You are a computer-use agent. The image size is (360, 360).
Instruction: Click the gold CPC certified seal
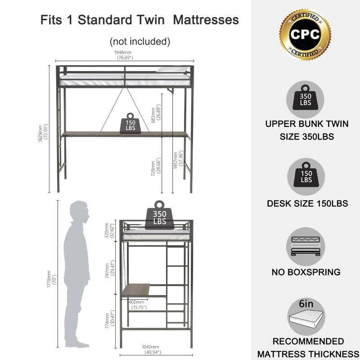[x=305, y=35]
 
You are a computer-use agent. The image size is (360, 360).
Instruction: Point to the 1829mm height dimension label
[x=43, y=133]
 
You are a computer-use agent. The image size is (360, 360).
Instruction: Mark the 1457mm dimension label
[x=178, y=160]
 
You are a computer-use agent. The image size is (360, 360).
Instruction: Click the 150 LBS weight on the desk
[x=130, y=123]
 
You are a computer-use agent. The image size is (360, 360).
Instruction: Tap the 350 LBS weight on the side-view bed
[x=160, y=215]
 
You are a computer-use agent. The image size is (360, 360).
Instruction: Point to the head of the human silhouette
[x=80, y=211]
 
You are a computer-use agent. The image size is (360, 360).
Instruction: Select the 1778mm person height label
[x=52, y=279]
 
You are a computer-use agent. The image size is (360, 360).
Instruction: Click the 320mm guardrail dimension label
[x=109, y=230]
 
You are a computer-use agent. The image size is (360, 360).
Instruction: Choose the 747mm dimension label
[x=110, y=269]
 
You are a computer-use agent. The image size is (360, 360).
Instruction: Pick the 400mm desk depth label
[x=138, y=305]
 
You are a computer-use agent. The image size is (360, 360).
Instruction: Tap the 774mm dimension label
[x=110, y=319]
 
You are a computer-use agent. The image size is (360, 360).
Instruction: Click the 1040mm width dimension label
[x=151, y=350]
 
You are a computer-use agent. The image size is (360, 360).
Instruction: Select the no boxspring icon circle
[x=306, y=247]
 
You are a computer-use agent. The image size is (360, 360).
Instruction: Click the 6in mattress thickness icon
[x=306, y=317]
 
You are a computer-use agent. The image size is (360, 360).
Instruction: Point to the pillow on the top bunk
[x=173, y=69]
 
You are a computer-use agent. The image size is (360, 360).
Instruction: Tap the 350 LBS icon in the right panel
[x=305, y=99]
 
